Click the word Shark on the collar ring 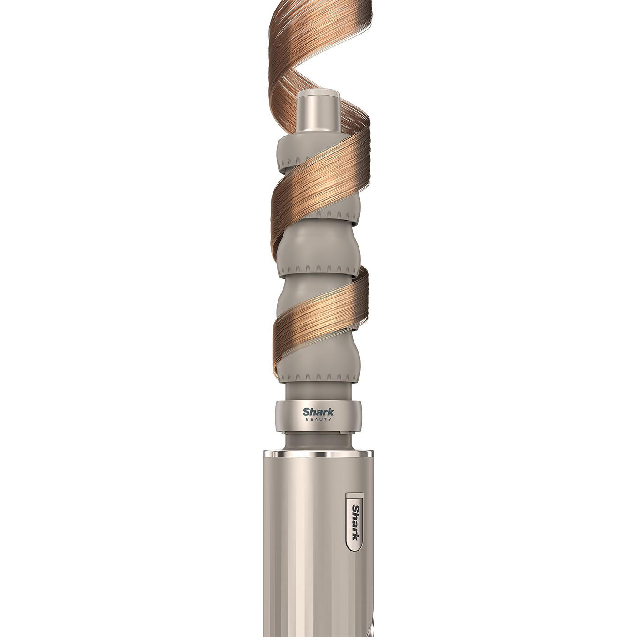pos(318,412)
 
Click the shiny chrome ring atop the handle pos(318,454)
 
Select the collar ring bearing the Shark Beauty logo pos(318,415)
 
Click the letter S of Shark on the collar pos(306,412)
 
